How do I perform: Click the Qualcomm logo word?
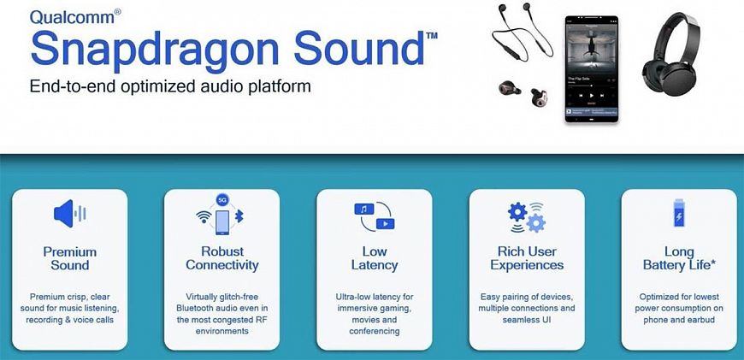click(x=64, y=16)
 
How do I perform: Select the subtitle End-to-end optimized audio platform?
click(x=169, y=86)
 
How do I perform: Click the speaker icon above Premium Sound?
click(x=69, y=214)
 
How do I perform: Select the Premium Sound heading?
click(x=69, y=258)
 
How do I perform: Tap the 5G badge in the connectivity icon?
click(x=221, y=198)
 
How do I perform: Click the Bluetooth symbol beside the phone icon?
click(x=239, y=219)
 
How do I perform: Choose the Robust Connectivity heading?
click(x=221, y=258)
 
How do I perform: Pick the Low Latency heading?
click(x=375, y=258)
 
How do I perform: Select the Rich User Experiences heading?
click(x=527, y=258)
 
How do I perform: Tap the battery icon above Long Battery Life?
click(x=679, y=214)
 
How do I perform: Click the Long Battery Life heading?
click(x=679, y=258)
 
